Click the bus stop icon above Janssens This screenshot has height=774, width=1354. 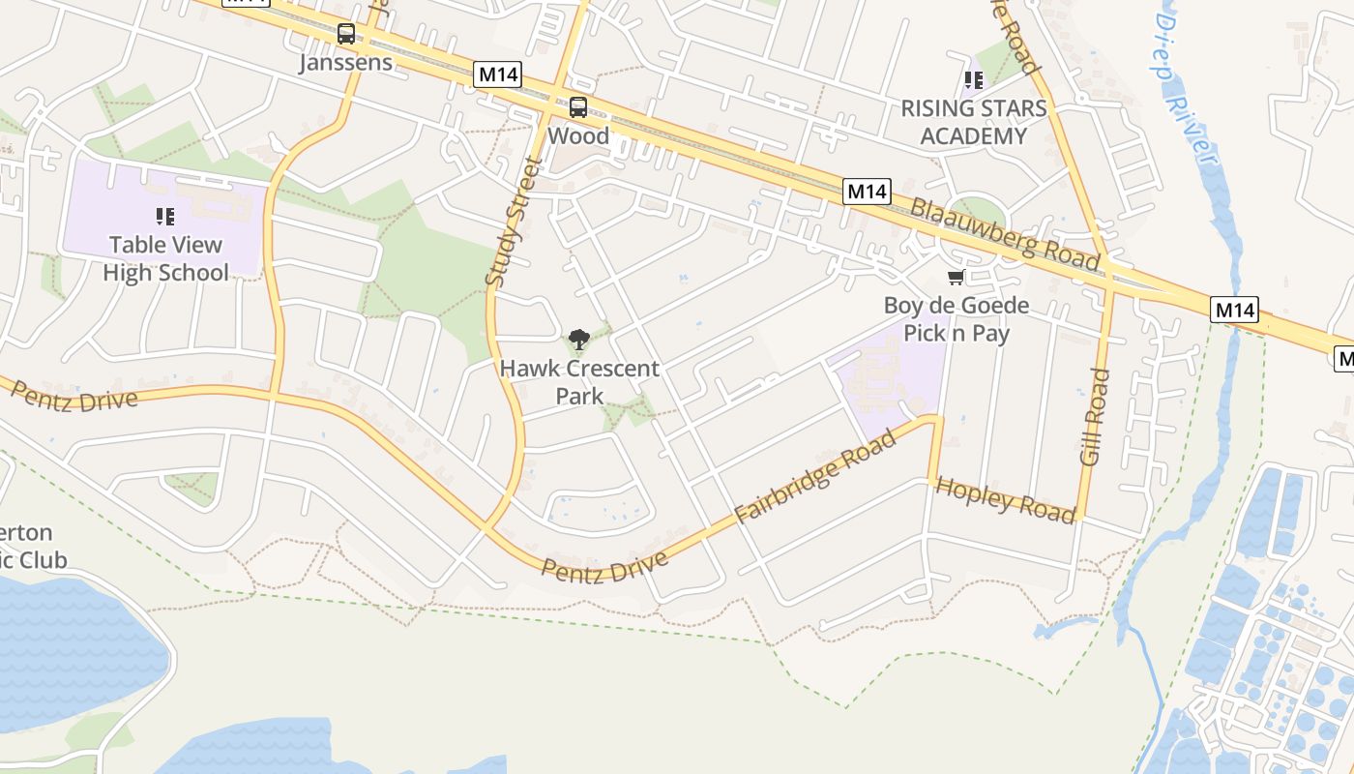tap(345, 34)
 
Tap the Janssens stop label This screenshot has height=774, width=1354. tap(345, 63)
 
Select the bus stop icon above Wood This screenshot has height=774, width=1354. tap(578, 107)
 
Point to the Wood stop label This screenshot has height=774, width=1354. tap(578, 135)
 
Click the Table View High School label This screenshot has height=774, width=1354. tap(165, 258)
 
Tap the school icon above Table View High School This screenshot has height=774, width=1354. tap(165, 217)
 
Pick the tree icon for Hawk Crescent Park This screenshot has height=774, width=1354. tap(579, 339)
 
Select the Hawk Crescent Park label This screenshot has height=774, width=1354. tap(579, 381)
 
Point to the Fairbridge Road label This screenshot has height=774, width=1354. tap(815, 478)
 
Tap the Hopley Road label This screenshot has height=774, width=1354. tap(1006, 499)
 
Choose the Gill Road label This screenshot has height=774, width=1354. tap(1095, 417)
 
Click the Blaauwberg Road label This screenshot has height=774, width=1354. tap(1005, 234)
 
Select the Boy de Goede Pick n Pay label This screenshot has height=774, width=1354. tap(957, 319)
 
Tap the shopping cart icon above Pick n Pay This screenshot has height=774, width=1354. tap(957, 279)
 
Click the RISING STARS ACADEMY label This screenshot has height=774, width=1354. tap(974, 122)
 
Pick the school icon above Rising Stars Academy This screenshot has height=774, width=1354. tap(973, 80)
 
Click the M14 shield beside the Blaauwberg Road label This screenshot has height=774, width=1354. tap(867, 192)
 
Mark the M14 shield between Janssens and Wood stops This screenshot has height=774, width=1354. tap(498, 74)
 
